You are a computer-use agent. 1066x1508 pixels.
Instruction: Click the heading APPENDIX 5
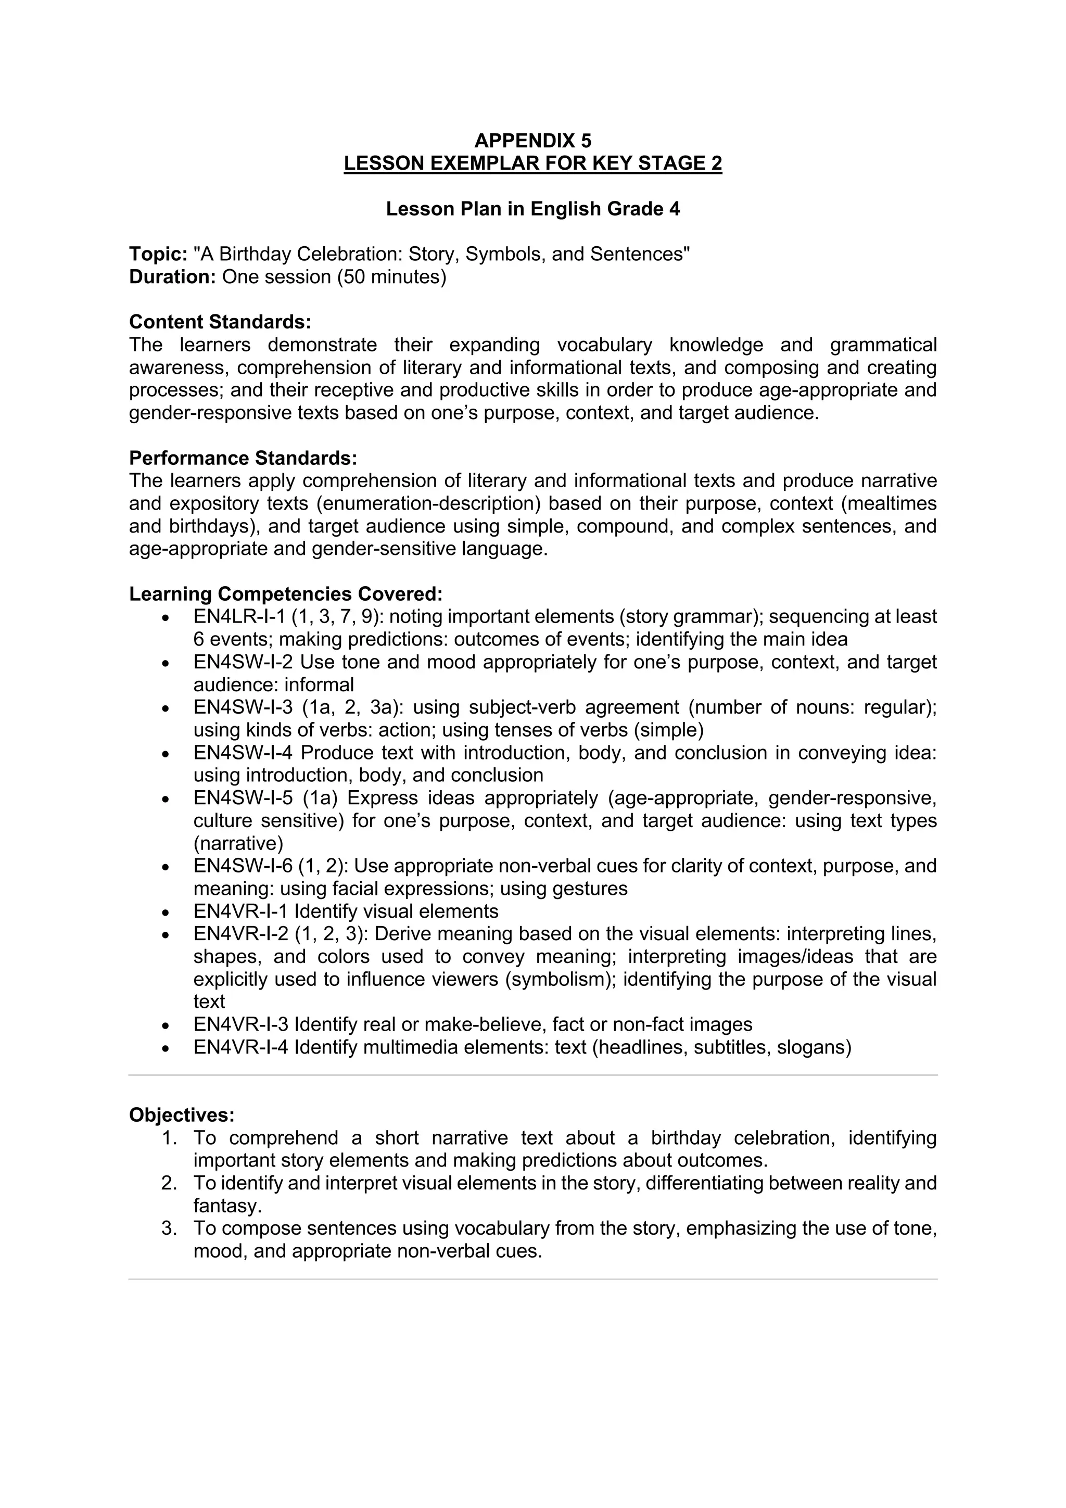(532, 141)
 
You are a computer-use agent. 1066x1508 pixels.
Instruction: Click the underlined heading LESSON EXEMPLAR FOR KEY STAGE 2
(532, 163)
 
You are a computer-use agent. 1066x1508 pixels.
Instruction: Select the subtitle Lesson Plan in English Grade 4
(532, 209)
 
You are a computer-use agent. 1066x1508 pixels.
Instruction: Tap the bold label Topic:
(158, 254)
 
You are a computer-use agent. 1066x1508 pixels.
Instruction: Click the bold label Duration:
(172, 276)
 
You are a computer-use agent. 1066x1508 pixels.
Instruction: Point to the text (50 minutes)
(391, 276)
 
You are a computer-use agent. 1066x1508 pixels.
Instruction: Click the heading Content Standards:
(219, 322)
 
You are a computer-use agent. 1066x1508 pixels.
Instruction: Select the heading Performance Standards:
(243, 458)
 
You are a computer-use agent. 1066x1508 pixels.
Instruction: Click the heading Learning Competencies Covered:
(285, 594)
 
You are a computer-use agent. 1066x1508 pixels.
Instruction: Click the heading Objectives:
(181, 1115)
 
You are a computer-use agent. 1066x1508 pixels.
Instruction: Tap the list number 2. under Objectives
(169, 1183)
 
